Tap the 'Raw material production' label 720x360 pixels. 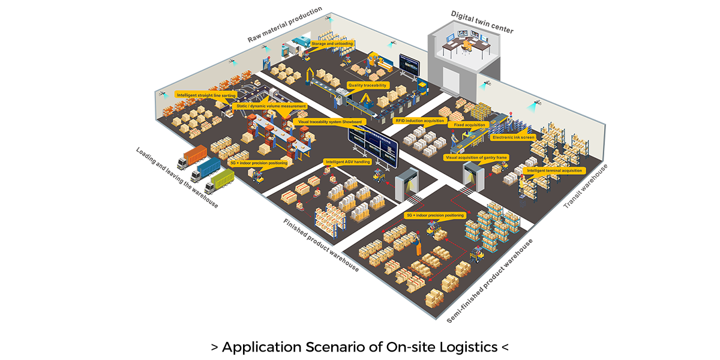tap(285, 25)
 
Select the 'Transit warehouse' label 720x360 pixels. tap(586, 187)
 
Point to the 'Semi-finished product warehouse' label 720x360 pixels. tap(490, 281)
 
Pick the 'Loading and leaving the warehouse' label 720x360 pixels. tap(176, 178)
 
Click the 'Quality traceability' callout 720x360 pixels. tap(368, 86)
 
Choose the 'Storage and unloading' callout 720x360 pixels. tap(332, 44)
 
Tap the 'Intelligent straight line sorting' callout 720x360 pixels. tap(206, 95)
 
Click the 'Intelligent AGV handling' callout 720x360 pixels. tap(347, 162)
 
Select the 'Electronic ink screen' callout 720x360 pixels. tap(513, 137)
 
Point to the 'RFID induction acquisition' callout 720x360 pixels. tap(419, 121)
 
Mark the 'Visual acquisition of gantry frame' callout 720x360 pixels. tap(475, 157)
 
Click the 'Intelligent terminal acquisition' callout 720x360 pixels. tap(554, 170)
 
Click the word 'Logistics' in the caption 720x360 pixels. tap(466, 347)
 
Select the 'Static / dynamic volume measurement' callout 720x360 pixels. tap(270, 106)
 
